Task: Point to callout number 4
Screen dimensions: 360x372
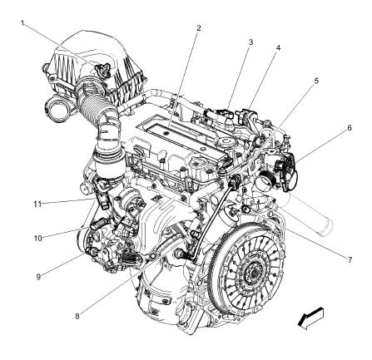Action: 278,47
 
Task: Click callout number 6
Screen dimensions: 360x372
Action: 350,127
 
